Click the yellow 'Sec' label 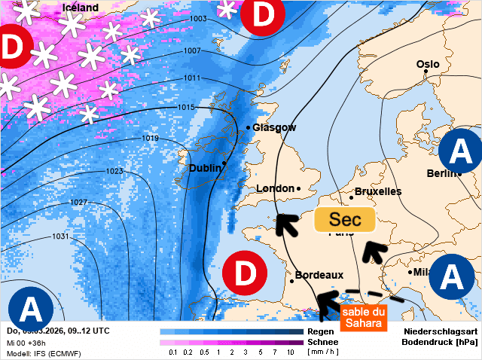(344, 220)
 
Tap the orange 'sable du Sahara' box (364, 317)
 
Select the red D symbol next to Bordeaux (245, 273)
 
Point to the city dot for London (298, 188)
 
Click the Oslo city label (428, 64)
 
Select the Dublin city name (204, 168)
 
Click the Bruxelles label (377, 191)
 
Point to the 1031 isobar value (60, 236)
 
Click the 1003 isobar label (199, 19)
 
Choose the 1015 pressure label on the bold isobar (187, 108)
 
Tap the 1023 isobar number (114, 171)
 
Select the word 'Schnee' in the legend (322, 342)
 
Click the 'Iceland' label (80, 8)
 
